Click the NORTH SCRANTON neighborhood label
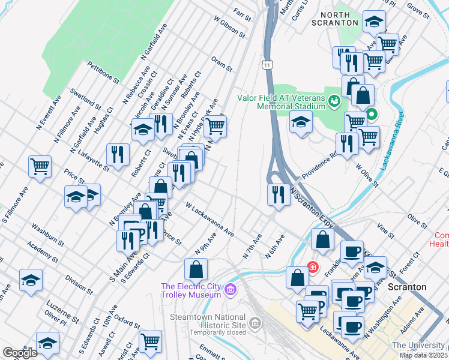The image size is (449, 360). [335, 18]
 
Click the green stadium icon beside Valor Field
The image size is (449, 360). [334, 101]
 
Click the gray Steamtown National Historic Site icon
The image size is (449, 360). [255, 324]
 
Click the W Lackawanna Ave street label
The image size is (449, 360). [209, 219]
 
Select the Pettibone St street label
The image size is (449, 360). [103, 71]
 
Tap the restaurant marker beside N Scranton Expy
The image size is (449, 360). [277, 195]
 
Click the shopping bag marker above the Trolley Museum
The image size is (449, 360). [196, 270]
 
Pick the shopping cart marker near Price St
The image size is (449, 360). [40, 166]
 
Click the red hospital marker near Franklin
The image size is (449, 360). [312, 266]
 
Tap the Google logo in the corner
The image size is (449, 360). [19, 352]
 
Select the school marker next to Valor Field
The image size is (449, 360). [300, 122]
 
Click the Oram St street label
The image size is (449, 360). [221, 64]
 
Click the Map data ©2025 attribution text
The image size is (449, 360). [423, 355]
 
